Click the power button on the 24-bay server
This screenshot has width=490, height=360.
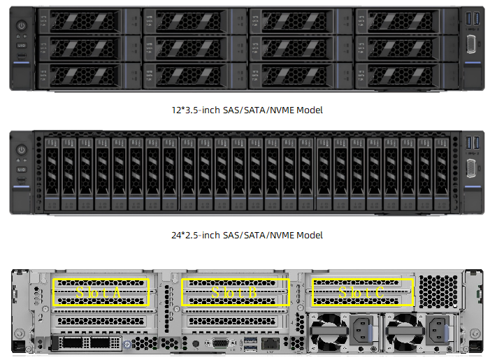(x=21, y=150)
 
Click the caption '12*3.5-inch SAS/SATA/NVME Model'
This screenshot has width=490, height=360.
(x=247, y=110)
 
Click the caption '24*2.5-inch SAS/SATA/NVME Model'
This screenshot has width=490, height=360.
(x=247, y=235)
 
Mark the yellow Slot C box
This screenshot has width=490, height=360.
(x=361, y=291)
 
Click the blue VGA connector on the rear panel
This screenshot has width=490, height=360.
(x=219, y=343)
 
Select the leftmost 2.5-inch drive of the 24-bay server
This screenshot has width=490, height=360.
(x=52, y=172)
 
